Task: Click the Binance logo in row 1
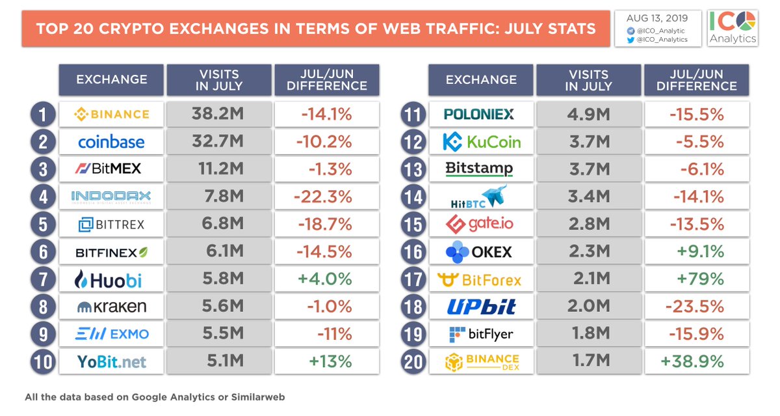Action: coord(111,115)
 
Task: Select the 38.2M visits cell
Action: coord(219,114)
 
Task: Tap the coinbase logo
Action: coord(111,142)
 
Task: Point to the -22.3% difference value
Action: coord(323,197)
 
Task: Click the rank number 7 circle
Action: coord(43,279)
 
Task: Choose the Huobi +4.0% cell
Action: coord(326,279)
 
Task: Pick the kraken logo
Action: coord(111,307)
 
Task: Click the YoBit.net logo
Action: coord(111,362)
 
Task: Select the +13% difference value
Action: coord(330,361)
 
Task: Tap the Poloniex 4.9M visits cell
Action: coord(588,115)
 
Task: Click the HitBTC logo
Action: coord(479,197)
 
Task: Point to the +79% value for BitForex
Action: coord(700,279)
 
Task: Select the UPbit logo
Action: coord(481,307)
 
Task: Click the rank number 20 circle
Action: coord(413,362)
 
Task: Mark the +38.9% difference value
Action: coord(692,361)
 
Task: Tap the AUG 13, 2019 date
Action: coord(657,18)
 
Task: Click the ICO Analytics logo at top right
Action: coord(733,28)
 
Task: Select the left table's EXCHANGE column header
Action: coord(111,79)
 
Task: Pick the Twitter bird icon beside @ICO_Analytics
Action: coord(630,40)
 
